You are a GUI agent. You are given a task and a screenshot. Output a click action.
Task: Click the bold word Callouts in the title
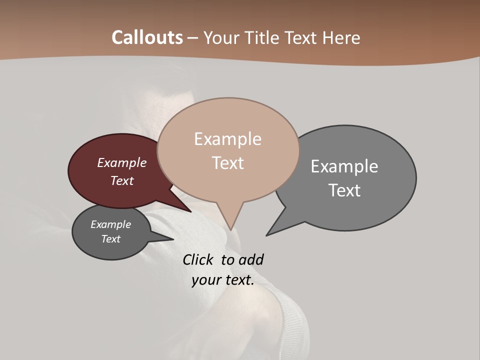coord(147,37)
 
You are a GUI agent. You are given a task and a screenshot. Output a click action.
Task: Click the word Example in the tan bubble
coord(227,139)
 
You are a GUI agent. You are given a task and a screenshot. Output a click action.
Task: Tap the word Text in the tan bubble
coord(227,163)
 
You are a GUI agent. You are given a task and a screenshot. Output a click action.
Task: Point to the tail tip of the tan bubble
coord(230,229)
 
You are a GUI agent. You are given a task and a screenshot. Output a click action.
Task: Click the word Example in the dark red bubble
coord(122,162)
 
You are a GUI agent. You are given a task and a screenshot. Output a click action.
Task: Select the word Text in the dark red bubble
coord(122,180)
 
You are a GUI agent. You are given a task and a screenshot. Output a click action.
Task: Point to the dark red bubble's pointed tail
coord(190,211)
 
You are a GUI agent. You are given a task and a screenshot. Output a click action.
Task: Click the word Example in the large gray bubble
coord(344,166)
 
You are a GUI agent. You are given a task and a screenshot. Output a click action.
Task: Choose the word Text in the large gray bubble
coord(344,190)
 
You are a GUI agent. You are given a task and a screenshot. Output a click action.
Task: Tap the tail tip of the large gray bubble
coord(267,234)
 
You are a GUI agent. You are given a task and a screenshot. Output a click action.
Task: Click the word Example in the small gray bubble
coord(111,224)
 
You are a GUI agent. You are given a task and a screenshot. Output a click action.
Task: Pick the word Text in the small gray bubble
coord(111,239)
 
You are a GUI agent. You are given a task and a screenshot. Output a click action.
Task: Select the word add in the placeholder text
coord(251,259)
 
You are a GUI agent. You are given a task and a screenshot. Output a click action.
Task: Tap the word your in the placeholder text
coord(206,280)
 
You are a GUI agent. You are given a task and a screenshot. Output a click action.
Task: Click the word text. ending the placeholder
coord(239,280)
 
